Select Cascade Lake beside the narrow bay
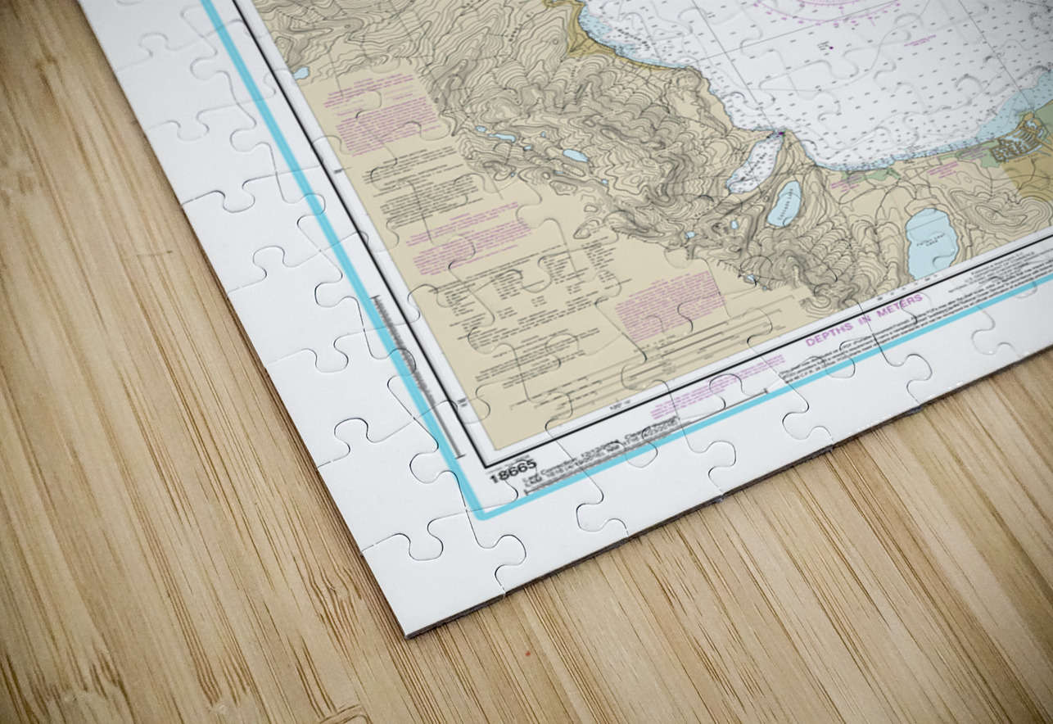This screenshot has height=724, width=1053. click(x=784, y=204)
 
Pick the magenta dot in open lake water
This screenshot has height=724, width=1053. click(x=830, y=48)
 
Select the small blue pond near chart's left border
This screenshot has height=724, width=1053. click(x=302, y=74)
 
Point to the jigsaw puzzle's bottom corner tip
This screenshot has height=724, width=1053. click(x=409, y=633)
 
